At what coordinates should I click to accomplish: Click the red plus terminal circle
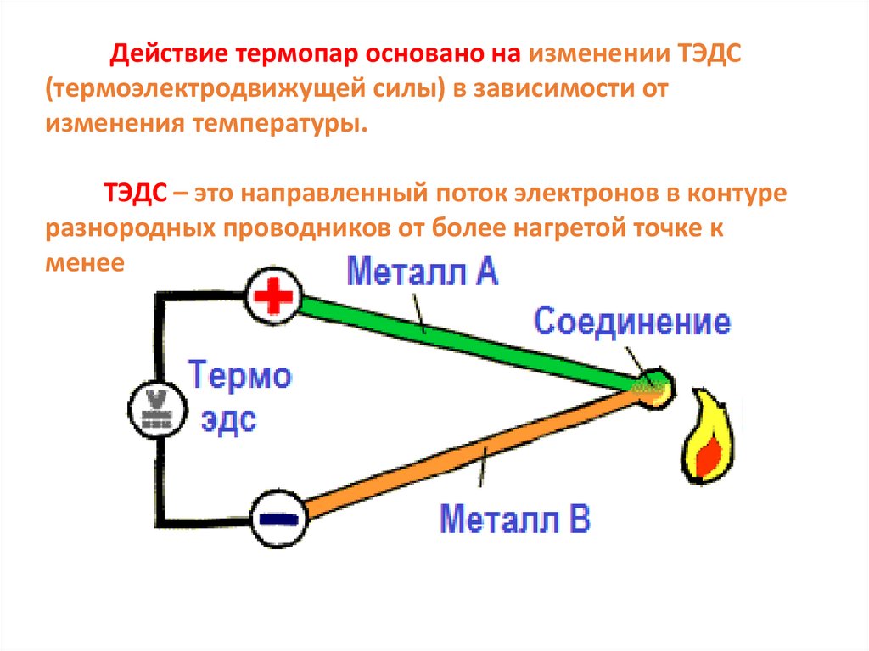pos(273,296)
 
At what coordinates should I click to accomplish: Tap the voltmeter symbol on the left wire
pos(155,411)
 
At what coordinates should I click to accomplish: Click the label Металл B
pos(515,518)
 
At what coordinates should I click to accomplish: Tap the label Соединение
pos(631,323)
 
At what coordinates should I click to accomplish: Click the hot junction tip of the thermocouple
pos(655,388)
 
